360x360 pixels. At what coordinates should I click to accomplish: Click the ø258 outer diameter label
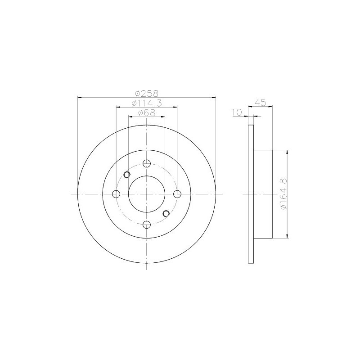[147, 93]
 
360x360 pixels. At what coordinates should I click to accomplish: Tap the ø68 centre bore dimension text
[147, 113]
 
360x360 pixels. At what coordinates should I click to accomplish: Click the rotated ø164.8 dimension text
[283, 194]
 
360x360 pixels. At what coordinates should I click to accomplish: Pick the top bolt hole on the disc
[147, 163]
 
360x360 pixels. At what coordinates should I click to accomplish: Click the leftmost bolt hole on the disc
[116, 194]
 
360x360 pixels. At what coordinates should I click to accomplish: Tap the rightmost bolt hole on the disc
[177, 194]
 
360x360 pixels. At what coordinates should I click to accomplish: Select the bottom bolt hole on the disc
[147, 224]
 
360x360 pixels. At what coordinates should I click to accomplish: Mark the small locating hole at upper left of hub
[127, 175]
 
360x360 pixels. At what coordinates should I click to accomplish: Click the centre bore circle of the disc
[147, 194]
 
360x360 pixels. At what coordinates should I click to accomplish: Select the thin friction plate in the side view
[251, 194]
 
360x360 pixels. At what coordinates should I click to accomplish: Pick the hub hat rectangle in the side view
[264, 194]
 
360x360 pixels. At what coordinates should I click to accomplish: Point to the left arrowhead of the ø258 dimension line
[81, 97]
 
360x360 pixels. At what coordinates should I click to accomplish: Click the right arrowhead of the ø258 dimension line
[213, 97]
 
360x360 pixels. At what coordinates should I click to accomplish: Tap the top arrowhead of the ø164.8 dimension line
[287, 153]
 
